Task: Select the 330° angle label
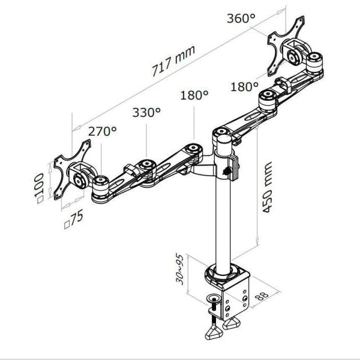coord(146,112)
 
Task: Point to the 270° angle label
coord(103,130)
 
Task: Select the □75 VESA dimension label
coord(74,220)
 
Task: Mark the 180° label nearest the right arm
coord(244,87)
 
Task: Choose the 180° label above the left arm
coord(194,95)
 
